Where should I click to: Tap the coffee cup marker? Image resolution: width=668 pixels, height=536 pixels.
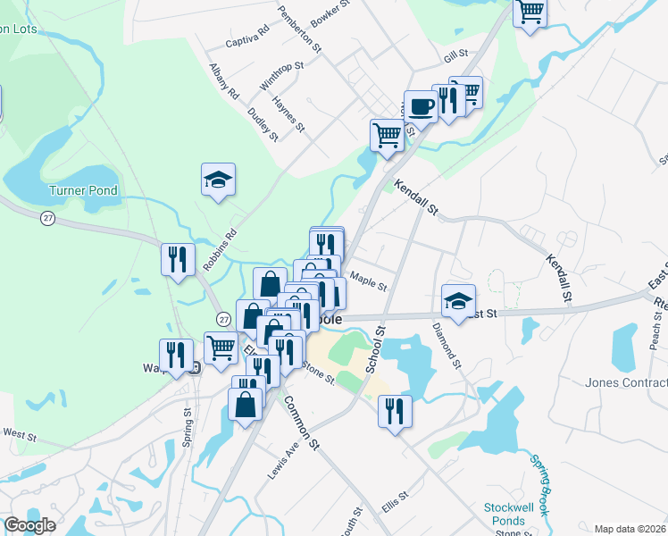coord(421,107)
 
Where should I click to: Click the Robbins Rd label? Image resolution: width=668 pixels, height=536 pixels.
coord(219,251)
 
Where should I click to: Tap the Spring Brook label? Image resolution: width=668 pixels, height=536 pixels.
coord(541,482)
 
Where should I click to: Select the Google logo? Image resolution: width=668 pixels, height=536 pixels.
coord(29,525)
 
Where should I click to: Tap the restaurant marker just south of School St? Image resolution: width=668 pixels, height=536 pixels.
coord(395,412)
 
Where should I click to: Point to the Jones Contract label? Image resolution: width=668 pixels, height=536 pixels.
coord(626,383)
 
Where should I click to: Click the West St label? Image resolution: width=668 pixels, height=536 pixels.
coord(19,434)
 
